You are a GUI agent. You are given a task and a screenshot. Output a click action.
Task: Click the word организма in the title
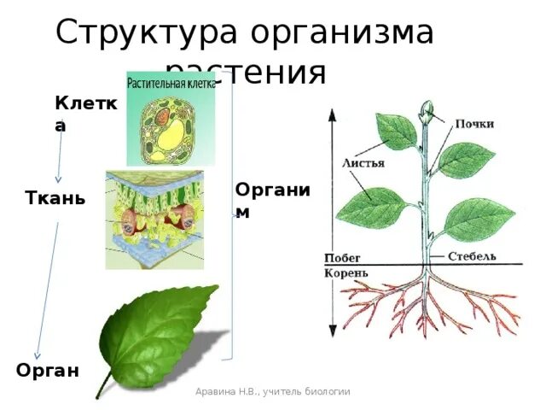pyautogui.click(x=342, y=32)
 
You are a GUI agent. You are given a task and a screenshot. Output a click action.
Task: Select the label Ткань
pyautogui.click(x=55, y=199)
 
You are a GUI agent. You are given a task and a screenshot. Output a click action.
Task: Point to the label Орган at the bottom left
pyautogui.click(x=48, y=370)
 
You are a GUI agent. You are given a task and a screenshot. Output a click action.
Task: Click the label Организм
pyautogui.click(x=271, y=199)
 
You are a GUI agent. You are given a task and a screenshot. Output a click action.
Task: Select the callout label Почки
pyautogui.click(x=473, y=124)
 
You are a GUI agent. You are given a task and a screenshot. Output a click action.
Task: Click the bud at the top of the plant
pyautogui.click(x=427, y=109)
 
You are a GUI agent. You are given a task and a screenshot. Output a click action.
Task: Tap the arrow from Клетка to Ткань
pyautogui.click(x=58, y=158)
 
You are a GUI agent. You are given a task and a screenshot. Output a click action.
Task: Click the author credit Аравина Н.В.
pyautogui.click(x=272, y=391)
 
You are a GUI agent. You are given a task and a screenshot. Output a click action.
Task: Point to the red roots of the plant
pyautogui.click(x=427, y=307)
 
